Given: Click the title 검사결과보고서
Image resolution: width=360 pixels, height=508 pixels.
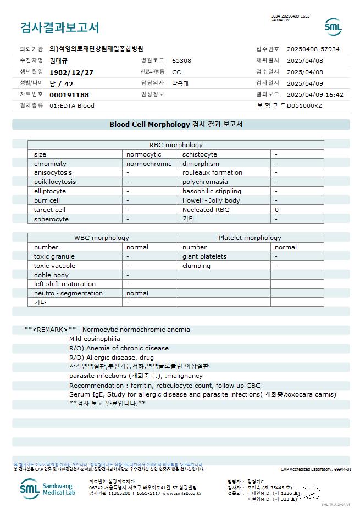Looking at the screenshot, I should [59, 27].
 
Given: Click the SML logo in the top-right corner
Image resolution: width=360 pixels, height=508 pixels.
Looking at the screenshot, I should [333, 27].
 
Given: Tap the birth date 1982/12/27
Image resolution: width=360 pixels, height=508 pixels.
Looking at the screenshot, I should [71, 72].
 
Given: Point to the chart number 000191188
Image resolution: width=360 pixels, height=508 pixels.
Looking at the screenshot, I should [69, 95].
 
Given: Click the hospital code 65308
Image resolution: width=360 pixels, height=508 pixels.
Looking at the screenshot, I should [181, 60].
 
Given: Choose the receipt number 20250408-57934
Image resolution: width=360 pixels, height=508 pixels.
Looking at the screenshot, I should [313, 49].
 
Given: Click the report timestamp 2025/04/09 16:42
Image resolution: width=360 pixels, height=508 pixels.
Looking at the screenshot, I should [315, 94].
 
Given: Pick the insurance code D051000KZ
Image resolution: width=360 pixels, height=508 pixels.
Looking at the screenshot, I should [304, 105].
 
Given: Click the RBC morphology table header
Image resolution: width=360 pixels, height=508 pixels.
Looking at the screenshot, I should [176, 145].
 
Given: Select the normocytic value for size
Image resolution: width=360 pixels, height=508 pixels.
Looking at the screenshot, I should [144, 154].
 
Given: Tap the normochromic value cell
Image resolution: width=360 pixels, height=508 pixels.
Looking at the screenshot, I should [149, 164].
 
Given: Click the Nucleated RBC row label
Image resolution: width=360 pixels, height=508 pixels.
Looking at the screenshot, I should [206, 210].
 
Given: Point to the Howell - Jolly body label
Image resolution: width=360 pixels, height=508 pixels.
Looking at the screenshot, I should [211, 200].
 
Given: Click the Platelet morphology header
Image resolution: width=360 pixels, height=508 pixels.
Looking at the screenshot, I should [250, 238].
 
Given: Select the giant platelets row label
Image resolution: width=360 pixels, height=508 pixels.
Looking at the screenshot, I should [204, 256].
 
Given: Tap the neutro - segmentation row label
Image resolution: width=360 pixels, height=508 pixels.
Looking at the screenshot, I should [68, 293].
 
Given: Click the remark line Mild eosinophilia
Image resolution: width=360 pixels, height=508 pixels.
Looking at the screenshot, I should [95, 339].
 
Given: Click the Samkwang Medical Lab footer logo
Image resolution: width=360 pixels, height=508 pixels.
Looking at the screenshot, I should [46, 488].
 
